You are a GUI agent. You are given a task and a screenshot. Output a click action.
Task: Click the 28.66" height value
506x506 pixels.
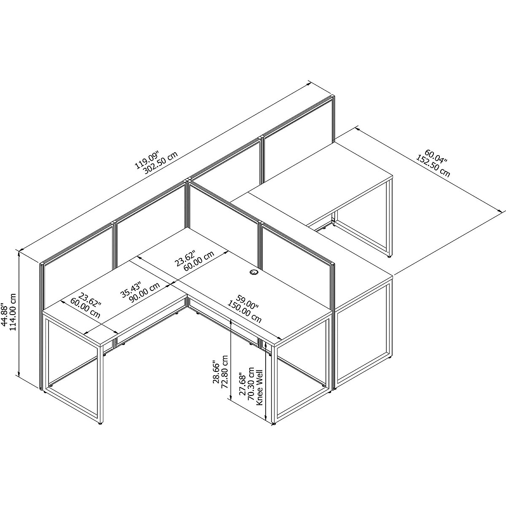[x=216, y=372]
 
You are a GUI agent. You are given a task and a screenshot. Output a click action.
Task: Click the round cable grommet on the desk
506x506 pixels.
[x=254, y=273]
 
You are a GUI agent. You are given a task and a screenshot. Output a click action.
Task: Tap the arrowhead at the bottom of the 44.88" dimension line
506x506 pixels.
[x=19, y=373]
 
